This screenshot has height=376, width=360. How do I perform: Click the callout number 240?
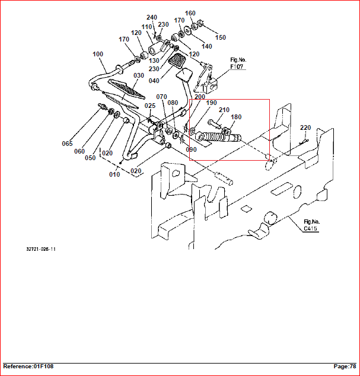(152, 18)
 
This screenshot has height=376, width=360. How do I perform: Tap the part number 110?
(146, 27)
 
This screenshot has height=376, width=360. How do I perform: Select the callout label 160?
(190, 13)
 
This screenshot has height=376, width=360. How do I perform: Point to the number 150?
(220, 37)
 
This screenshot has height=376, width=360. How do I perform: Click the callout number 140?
(206, 46)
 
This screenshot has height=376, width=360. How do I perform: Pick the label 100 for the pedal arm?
(98, 54)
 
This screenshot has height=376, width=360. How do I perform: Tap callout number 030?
(138, 75)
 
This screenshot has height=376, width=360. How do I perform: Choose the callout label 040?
(154, 81)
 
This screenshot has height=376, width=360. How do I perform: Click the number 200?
(199, 96)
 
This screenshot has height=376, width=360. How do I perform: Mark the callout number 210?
(224, 110)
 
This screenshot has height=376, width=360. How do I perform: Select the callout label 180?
(236, 117)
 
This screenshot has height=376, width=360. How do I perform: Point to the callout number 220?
(305, 128)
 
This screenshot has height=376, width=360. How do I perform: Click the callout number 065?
(67, 144)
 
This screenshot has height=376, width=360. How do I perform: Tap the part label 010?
(114, 174)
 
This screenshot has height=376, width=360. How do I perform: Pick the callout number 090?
(191, 149)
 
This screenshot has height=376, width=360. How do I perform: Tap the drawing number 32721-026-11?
(41, 249)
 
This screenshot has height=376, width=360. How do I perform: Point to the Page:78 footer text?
(345, 367)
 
